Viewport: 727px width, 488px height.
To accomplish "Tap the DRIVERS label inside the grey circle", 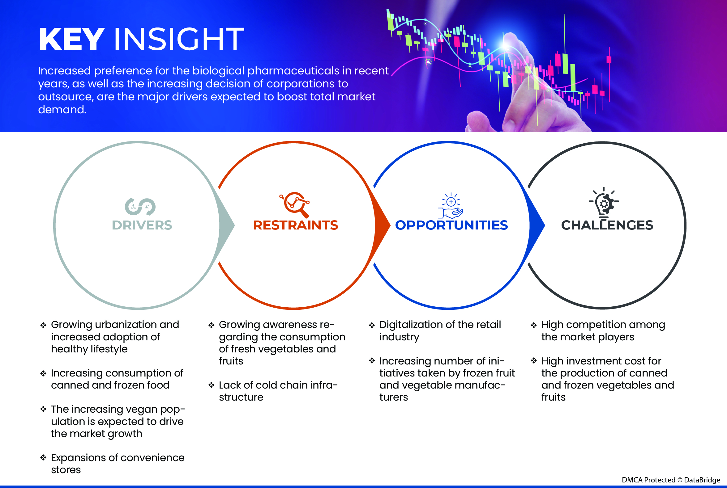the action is pyautogui.click(x=142, y=225).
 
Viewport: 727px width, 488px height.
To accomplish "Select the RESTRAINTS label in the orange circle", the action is pyautogui.click(x=295, y=225).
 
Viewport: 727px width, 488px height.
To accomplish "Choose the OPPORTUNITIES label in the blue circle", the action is pyautogui.click(x=451, y=225).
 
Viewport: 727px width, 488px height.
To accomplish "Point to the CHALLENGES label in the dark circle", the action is pyautogui.click(x=607, y=225).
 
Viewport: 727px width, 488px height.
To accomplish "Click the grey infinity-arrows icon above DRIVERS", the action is pyautogui.click(x=140, y=207).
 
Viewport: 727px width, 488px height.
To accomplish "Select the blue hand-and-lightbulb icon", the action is pyautogui.click(x=451, y=206).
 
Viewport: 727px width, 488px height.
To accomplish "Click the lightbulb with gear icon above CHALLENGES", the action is pyautogui.click(x=604, y=202).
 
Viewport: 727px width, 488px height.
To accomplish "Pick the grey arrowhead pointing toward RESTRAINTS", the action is pyautogui.click(x=227, y=225).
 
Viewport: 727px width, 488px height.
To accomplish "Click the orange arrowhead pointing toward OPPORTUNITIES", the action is pyautogui.click(x=382, y=225).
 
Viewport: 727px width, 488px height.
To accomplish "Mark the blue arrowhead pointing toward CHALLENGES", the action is pyautogui.click(x=537, y=225).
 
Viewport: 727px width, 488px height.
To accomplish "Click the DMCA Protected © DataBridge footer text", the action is pyautogui.click(x=671, y=480).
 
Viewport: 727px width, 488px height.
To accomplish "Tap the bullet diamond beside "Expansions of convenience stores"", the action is pyautogui.click(x=43, y=457).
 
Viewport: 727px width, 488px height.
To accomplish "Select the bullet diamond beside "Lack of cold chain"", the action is pyautogui.click(x=211, y=385).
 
